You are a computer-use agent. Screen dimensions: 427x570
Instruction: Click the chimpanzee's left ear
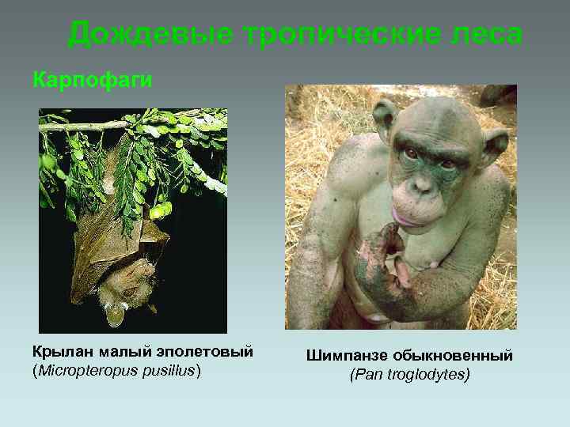(x=496, y=144)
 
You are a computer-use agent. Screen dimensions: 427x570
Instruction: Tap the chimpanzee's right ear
(x=386, y=119)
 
